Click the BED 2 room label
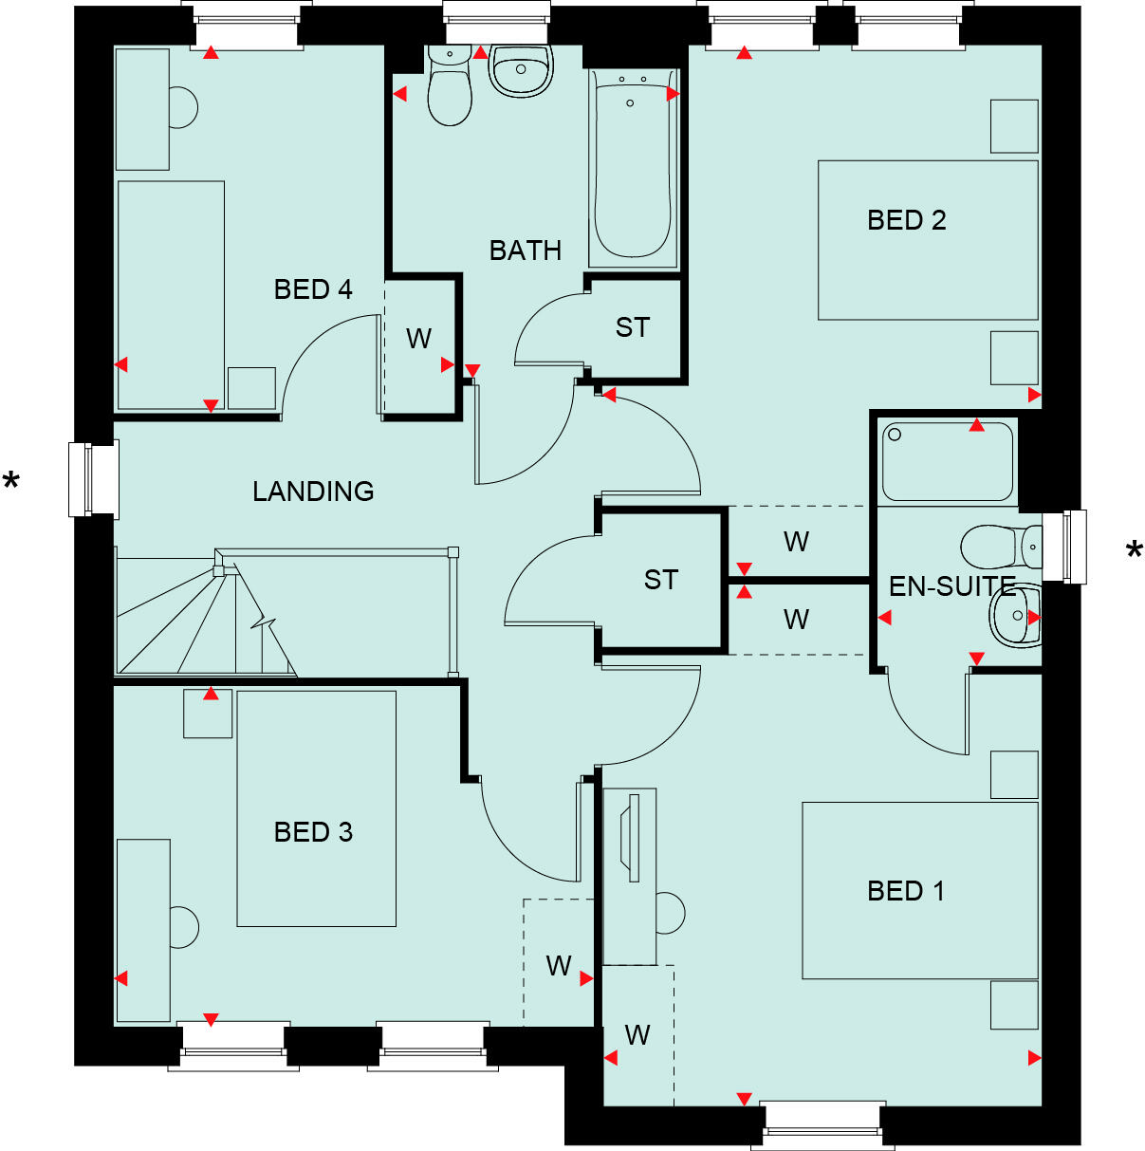906,220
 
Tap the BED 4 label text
312,288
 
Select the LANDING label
313,491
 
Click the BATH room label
525,251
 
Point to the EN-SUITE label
951,586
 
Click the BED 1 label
906,891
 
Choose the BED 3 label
313,832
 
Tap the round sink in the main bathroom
520,70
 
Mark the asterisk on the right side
1134,551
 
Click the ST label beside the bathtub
633,328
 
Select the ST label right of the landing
661,580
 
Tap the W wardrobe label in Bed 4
418,339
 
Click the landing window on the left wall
93,479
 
